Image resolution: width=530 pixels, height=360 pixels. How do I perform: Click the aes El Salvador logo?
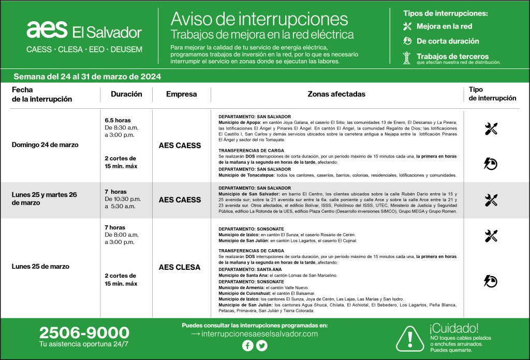(x=84, y=31)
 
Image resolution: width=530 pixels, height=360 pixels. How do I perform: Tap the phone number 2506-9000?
(x=84, y=332)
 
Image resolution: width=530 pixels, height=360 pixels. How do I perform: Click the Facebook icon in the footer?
(x=248, y=346)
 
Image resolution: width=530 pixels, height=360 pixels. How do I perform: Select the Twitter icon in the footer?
(x=262, y=346)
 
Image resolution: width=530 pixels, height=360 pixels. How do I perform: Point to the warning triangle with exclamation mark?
(x=409, y=339)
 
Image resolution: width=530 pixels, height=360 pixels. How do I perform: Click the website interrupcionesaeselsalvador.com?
(x=255, y=334)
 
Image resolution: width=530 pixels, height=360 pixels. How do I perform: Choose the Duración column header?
(x=126, y=94)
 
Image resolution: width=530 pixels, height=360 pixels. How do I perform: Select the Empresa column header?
(x=181, y=94)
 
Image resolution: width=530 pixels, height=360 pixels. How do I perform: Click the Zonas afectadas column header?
(x=336, y=94)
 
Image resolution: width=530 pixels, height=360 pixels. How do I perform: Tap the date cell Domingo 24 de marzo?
(x=45, y=145)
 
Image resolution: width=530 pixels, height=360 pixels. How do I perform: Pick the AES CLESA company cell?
(x=180, y=267)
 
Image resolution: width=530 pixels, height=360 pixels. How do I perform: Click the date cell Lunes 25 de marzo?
(x=40, y=267)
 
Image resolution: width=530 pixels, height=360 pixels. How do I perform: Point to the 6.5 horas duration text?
(x=117, y=120)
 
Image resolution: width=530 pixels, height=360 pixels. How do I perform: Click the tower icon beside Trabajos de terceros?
(x=407, y=57)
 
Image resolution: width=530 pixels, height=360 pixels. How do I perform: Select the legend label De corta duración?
(x=448, y=41)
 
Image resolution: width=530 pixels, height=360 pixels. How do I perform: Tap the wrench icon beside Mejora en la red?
(x=407, y=26)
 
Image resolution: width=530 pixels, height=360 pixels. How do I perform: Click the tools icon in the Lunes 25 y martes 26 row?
(x=491, y=200)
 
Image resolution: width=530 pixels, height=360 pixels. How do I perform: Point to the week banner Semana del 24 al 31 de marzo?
(x=87, y=77)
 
